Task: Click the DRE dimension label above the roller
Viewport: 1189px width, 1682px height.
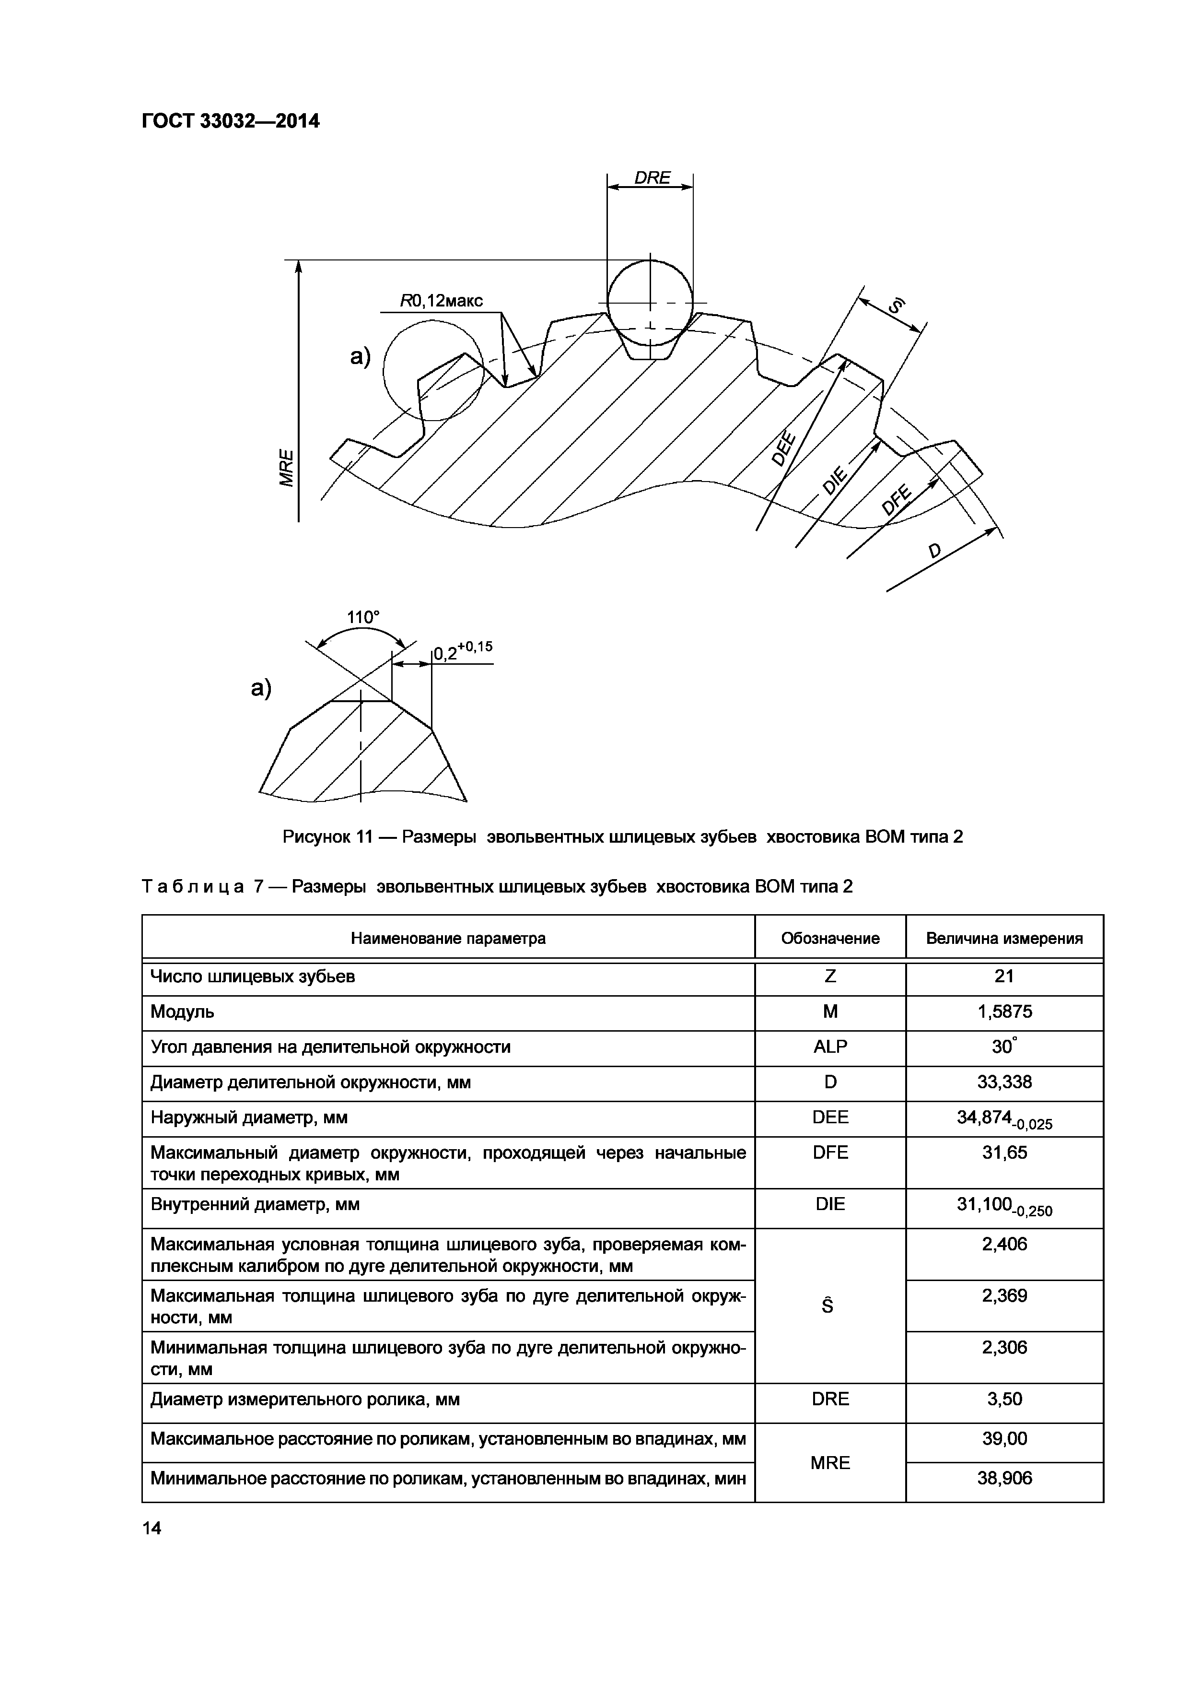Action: point(652,178)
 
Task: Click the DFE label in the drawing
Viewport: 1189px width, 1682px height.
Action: point(896,500)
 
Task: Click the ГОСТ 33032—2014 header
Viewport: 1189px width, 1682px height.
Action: point(231,121)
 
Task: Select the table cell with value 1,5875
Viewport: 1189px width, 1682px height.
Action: point(1004,1012)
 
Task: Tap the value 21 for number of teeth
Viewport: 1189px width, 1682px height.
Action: point(1004,976)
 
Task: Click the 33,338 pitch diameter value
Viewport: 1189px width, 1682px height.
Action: point(1004,1082)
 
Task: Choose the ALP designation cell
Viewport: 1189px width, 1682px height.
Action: point(830,1047)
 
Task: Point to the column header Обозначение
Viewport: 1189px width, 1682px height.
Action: point(830,939)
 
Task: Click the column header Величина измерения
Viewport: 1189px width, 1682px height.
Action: point(1004,939)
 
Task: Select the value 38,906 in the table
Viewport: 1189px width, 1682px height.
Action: point(1004,1478)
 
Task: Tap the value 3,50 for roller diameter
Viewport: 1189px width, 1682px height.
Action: point(1004,1399)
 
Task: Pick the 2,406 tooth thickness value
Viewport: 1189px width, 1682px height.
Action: point(1004,1244)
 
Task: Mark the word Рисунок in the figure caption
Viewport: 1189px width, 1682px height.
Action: point(315,836)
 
